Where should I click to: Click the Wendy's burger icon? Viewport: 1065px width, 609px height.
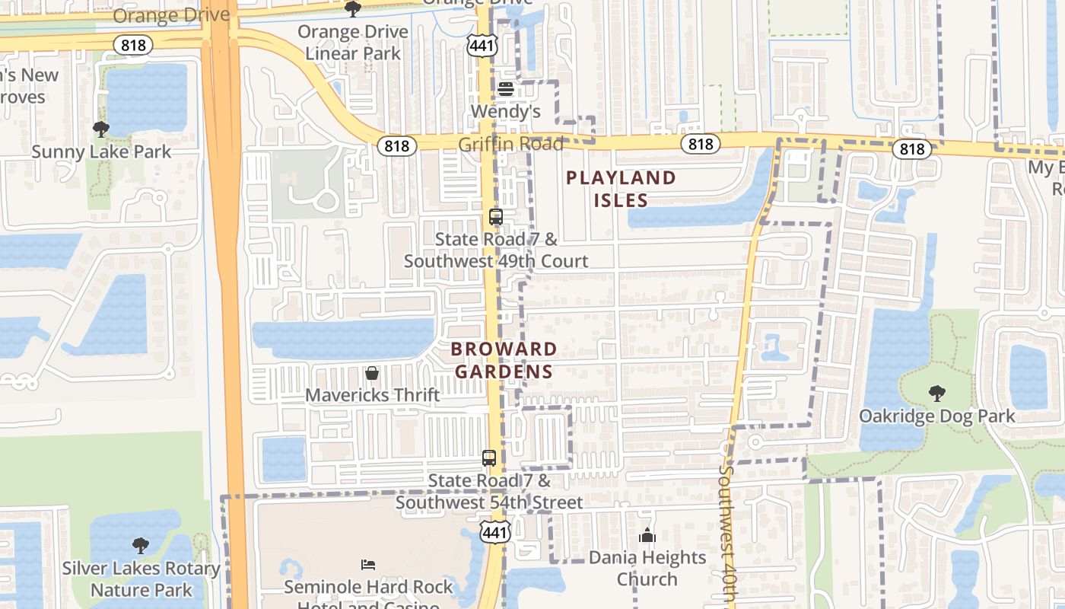[506, 89]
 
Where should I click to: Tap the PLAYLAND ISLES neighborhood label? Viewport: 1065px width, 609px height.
[621, 189]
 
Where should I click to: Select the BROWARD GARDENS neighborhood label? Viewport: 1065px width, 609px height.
[503, 360]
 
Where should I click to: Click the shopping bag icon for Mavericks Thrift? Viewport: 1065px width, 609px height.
[372, 373]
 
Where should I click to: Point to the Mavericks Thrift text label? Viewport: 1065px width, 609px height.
[372, 395]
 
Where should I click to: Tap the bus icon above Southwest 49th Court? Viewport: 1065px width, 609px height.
[496, 217]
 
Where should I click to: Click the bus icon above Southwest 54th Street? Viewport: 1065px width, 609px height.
[489, 458]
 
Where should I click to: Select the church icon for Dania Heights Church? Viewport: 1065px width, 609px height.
[647, 536]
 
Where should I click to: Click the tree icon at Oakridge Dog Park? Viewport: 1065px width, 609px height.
[937, 394]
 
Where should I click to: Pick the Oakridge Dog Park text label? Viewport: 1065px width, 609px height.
[936, 416]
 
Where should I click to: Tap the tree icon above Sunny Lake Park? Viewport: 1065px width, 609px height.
[101, 129]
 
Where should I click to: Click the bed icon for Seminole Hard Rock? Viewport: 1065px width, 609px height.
[368, 565]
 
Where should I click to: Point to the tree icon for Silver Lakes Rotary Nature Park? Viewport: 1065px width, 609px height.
[141, 546]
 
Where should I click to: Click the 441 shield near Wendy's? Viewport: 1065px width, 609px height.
[483, 45]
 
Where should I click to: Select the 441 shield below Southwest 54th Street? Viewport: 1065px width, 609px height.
[494, 531]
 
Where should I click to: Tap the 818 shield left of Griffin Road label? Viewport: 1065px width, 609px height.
[396, 145]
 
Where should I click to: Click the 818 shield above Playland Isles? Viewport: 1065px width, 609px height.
[700, 144]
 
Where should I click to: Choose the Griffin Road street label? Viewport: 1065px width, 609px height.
[510, 144]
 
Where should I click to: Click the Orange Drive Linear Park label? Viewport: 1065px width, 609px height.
[352, 43]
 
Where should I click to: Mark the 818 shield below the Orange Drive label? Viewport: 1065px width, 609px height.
[133, 45]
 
